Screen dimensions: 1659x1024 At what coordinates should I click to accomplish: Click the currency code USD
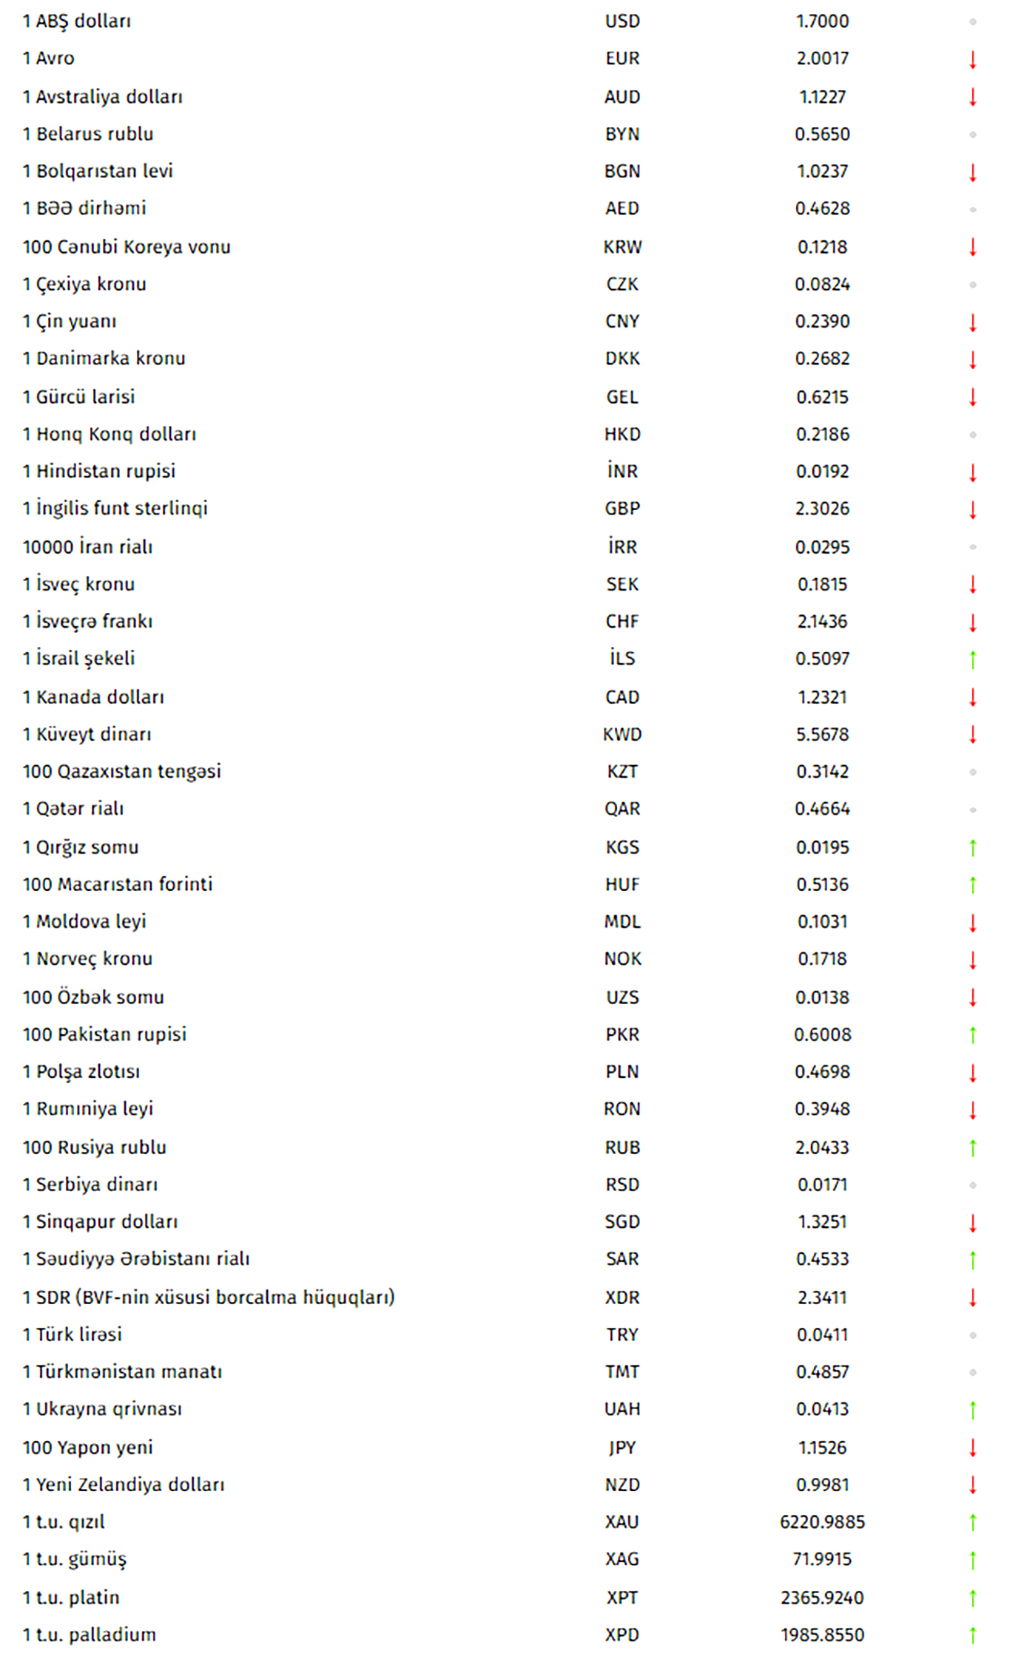point(622,21)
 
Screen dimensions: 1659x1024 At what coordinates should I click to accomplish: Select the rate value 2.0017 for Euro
point(822,58)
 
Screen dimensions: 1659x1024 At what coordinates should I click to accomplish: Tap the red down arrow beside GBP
point(972,509)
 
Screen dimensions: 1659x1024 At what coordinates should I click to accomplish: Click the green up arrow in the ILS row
point(972,659)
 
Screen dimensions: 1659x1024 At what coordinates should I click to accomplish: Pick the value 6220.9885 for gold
point(822,1521)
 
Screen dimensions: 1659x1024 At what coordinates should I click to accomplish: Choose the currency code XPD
point(622,1635)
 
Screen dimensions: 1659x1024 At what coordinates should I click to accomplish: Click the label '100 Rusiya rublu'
point(94,1147)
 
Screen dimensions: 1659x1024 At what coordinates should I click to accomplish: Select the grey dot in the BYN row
point(972,135)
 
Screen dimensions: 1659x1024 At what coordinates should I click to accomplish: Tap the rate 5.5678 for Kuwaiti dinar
point(822,734)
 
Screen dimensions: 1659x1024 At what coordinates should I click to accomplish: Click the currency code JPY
point(622,1448)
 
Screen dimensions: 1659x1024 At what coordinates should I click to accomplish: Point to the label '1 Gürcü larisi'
point(78,397)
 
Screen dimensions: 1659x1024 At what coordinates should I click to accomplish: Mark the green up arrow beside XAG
point(972,1560)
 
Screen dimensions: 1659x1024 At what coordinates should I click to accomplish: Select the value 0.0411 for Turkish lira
point(822,1334)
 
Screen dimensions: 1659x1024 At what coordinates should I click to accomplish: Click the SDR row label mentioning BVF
point(209,1297)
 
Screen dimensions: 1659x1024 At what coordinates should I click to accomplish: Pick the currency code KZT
point(622,772)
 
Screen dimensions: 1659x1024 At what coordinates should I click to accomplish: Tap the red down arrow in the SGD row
point(972,1223)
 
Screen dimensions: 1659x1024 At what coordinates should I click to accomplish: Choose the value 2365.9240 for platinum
point(822,1598)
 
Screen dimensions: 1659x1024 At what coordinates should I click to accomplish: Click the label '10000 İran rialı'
point(87,547)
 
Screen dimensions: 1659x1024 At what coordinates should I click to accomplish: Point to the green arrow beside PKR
point(972,1035)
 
